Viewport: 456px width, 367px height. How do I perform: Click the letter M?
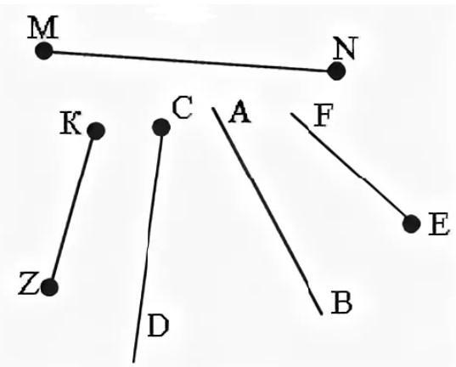[43, 27]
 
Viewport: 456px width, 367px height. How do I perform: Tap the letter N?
[346, 48]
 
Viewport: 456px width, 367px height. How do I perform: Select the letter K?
[70, 122]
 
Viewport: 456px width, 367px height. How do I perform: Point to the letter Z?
[28, 283]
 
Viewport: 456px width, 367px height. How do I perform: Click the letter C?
[183, 108]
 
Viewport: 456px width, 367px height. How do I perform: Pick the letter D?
[159, 325]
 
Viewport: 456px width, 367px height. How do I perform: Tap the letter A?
[240, 111]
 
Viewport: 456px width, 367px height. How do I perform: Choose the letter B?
[341, 302]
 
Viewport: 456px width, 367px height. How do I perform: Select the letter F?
[323, 116]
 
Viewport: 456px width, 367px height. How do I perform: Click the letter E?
[439, 223]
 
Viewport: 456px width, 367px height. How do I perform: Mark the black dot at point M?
[44, 51]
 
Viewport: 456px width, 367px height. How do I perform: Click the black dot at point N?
[336, 71]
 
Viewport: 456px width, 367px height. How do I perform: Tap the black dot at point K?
[96, 131]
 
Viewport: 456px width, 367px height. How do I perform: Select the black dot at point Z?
[49, 287]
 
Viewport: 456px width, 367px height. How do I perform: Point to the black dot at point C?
[161, 127]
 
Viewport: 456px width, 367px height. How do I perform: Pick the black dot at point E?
[412, 224]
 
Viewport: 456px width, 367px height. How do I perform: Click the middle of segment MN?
[190, 61]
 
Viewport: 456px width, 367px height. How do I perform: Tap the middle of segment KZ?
[73, 209]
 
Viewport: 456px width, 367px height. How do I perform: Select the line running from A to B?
[267, 211]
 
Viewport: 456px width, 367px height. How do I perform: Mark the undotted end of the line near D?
[133, 363]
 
